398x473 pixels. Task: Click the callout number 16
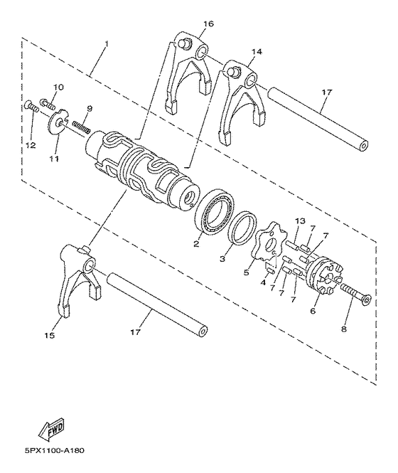point(208,23)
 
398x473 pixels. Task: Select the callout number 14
point(257,52)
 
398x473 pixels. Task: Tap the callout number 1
point(106,44)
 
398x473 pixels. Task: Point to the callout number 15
point(50,335)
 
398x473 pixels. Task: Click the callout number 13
point(301,220)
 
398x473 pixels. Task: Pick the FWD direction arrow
point(52,427)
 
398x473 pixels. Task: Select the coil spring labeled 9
point(82,126)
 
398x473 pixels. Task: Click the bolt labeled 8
point(356,292)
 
